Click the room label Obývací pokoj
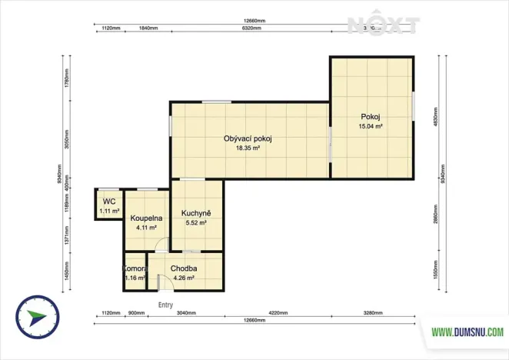(248, 139)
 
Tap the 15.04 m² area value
(371, 126)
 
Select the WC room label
(108, 202)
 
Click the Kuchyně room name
(196, 213)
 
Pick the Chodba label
(185, 268)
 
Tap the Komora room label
(135, 268)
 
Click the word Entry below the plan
(165, 305)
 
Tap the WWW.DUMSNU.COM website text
(467, 332)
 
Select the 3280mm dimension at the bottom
(375, 314)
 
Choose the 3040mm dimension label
(186, 314)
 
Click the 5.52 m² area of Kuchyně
(196, 222)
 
